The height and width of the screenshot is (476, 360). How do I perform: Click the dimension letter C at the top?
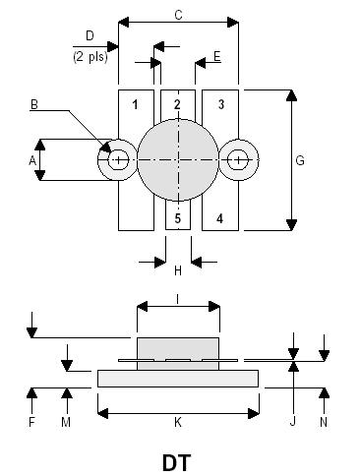[x=178, y=15]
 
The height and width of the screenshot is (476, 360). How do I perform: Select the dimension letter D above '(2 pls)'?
[x=90, y=36]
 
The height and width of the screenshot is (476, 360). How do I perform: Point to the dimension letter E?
[x=217, y=57]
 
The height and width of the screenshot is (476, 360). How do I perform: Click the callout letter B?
[x=33, y=104]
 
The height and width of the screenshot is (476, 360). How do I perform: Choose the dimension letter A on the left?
[x=32, y=159]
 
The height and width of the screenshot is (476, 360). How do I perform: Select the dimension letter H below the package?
[x=178, y=270]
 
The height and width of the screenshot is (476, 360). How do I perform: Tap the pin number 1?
[x=135, y=104]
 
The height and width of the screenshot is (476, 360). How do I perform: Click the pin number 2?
[x=177, y=104]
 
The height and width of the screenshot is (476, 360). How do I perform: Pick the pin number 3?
[x=220, y=104]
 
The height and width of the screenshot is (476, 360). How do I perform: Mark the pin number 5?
[x=178, y=217]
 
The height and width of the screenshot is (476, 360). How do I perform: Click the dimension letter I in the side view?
[x=177, y=297]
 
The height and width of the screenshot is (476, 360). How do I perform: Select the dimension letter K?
[x=178, y=422]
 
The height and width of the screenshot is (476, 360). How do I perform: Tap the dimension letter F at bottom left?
[x=32, y=422]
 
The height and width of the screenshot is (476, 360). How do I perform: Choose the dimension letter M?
[x=67, y=422]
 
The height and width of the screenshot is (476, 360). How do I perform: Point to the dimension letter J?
[x=292, y=422]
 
